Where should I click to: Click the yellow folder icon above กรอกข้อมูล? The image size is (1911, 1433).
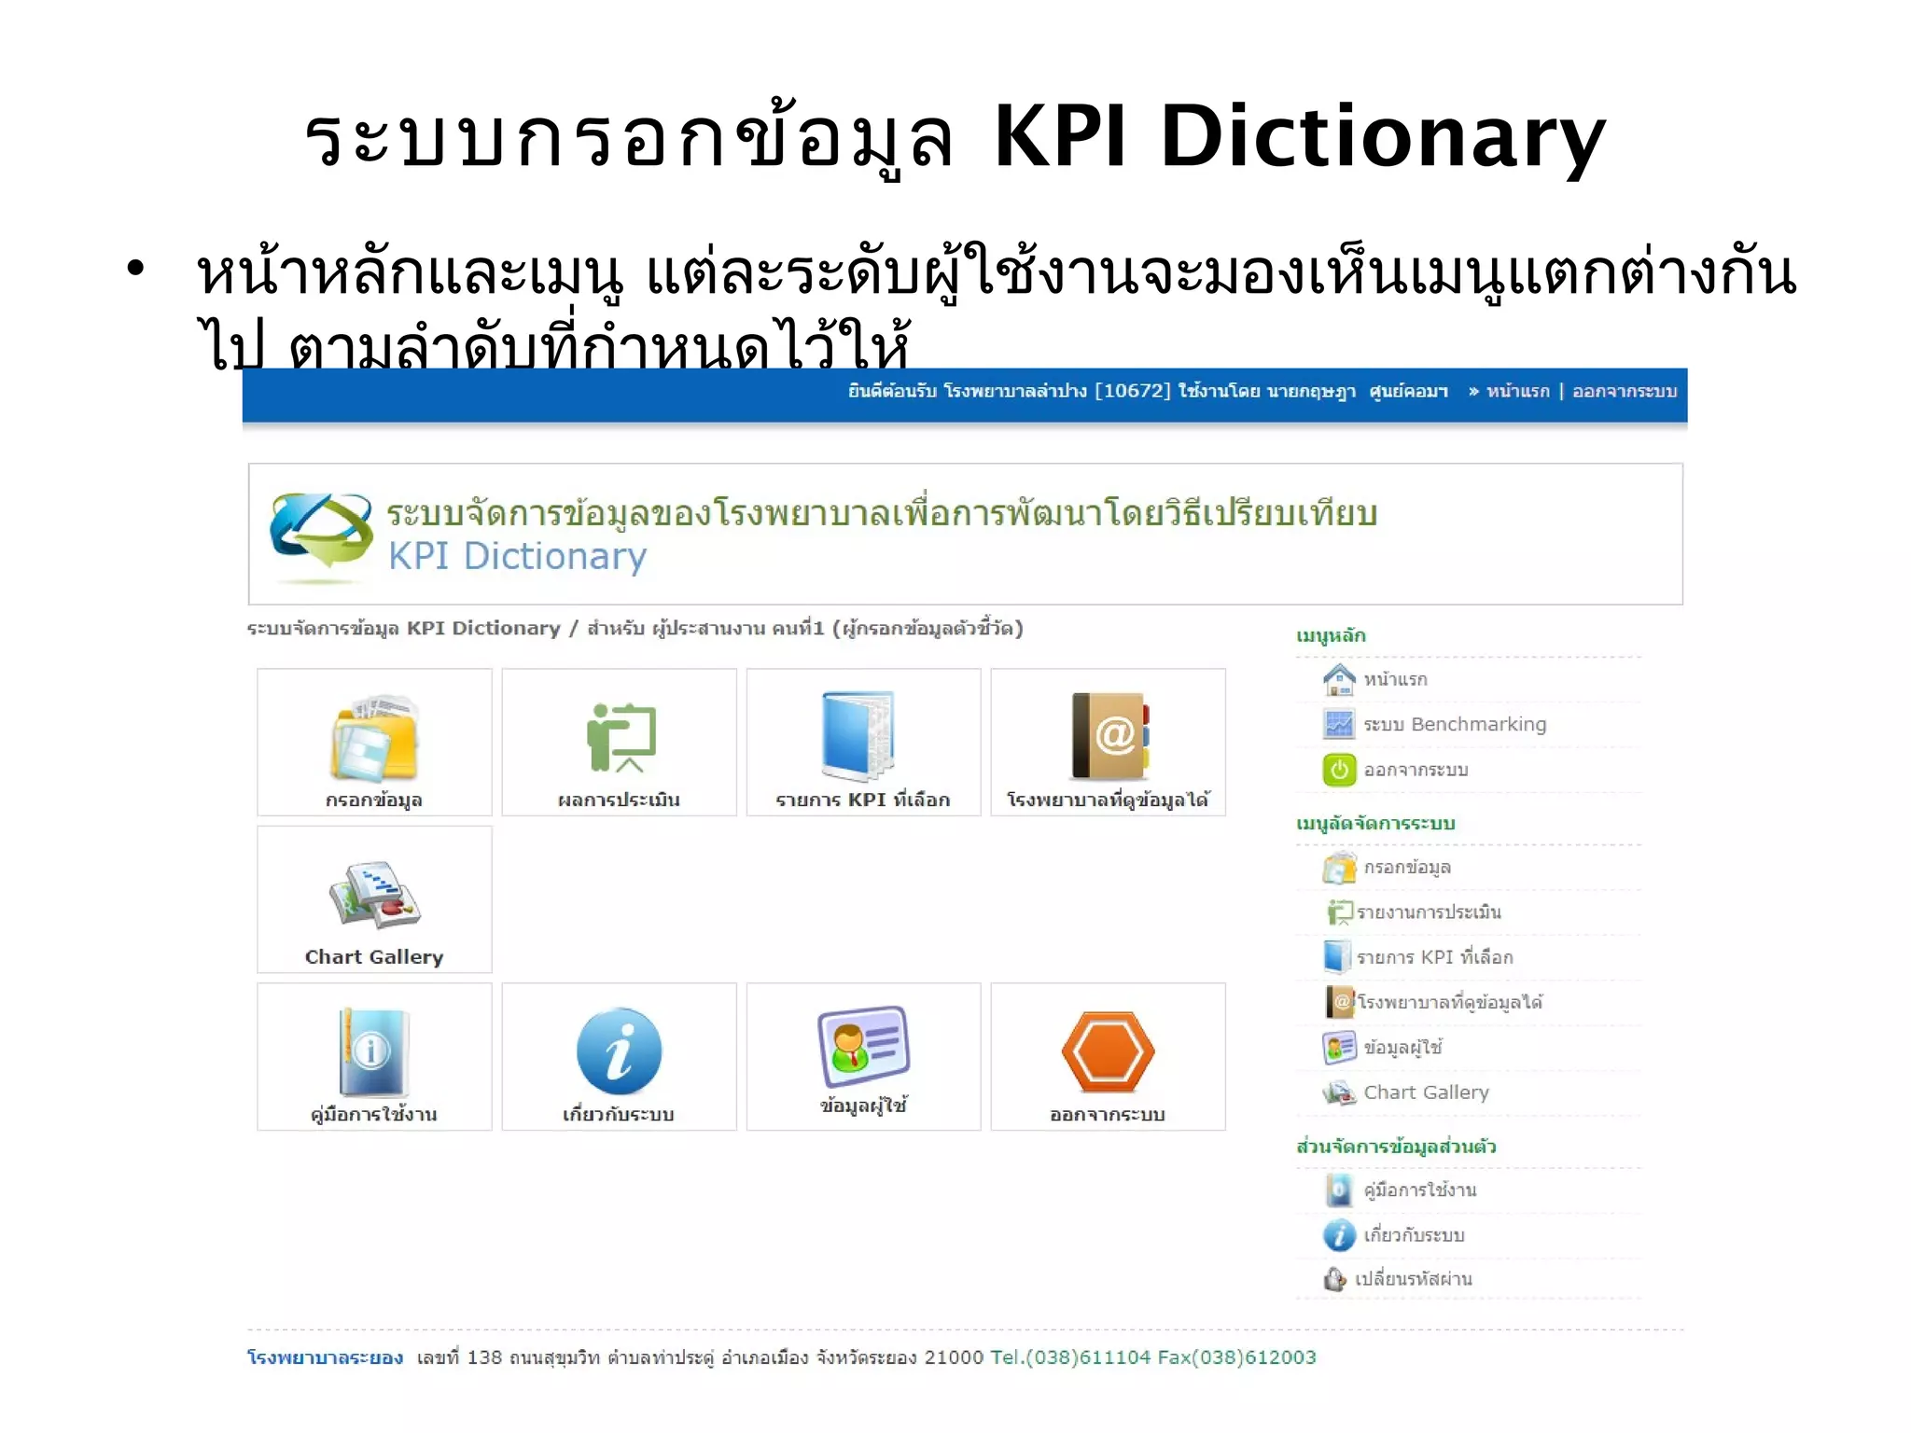(x=374, y=738)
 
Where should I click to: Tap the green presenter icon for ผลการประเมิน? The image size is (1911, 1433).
(x=621, y=737)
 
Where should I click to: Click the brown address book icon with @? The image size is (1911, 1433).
(x=1109, y=736)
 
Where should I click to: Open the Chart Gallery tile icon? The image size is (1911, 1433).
(x=375, y=895)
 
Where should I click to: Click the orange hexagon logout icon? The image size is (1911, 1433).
(x=1108, y=1051)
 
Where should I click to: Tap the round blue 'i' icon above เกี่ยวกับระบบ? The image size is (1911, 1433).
(x=619, y=1051)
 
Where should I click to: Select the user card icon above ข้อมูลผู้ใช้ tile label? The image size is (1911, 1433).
(x=863, y=1046)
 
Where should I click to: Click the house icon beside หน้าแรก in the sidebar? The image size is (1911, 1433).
(x=1339, y=679)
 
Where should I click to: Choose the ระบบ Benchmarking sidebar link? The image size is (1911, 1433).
(x=1454, y=724)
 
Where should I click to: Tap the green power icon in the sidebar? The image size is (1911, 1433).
(x=1339, y=770)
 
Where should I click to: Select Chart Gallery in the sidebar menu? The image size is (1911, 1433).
(x=1426, y=1092)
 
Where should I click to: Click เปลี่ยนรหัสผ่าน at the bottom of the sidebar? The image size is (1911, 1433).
(x=1413, y=1279)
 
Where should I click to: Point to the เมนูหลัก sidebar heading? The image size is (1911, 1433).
(x=1331, y=636)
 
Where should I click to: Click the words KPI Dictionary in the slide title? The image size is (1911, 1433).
(x=1299, y=138)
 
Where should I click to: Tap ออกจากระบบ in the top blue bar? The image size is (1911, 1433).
(x=1625, y=391)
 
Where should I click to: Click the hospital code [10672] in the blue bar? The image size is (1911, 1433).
(x=1132, y=391)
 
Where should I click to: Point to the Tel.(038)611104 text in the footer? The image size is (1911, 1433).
(x=1070, y=1357)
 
